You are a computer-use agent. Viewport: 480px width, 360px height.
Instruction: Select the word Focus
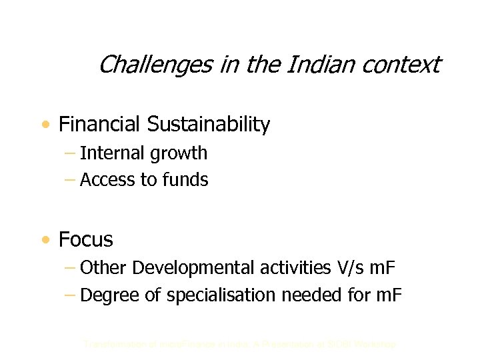[x=86, y=239]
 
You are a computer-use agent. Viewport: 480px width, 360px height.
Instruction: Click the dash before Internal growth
[x=71, y=154]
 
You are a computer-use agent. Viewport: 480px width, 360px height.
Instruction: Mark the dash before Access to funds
[x=71, y=181]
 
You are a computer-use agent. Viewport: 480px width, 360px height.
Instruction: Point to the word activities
[x=270, y=268]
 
